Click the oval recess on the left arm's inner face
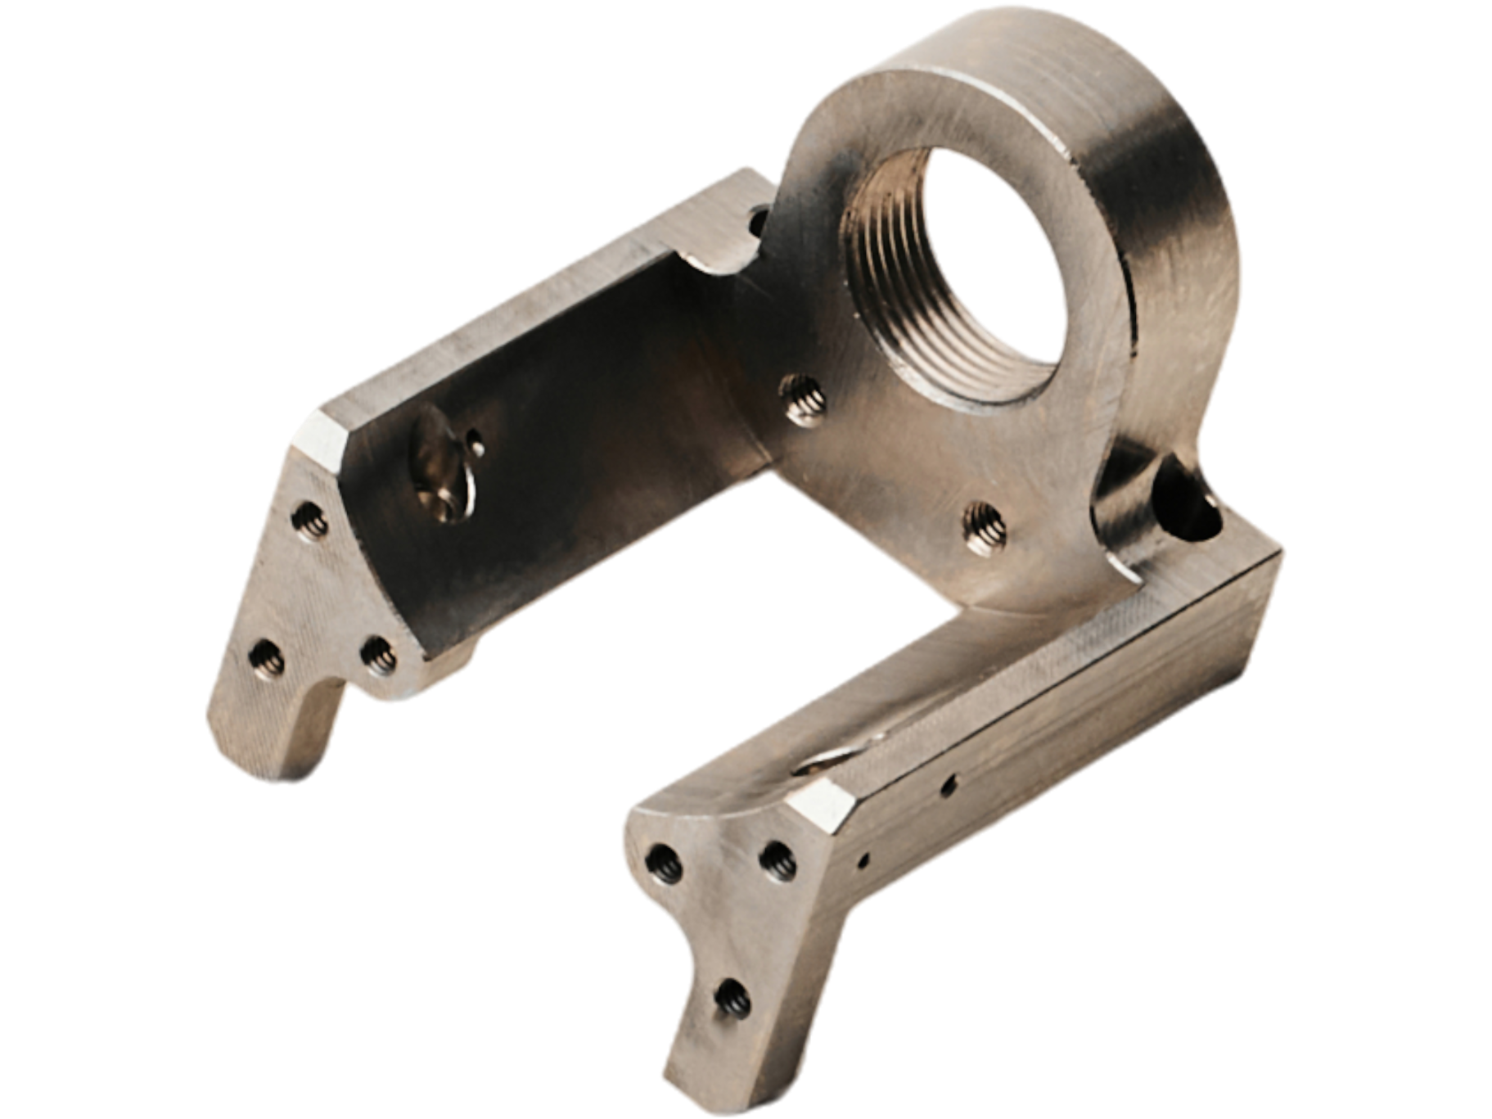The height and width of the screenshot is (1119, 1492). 442,483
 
